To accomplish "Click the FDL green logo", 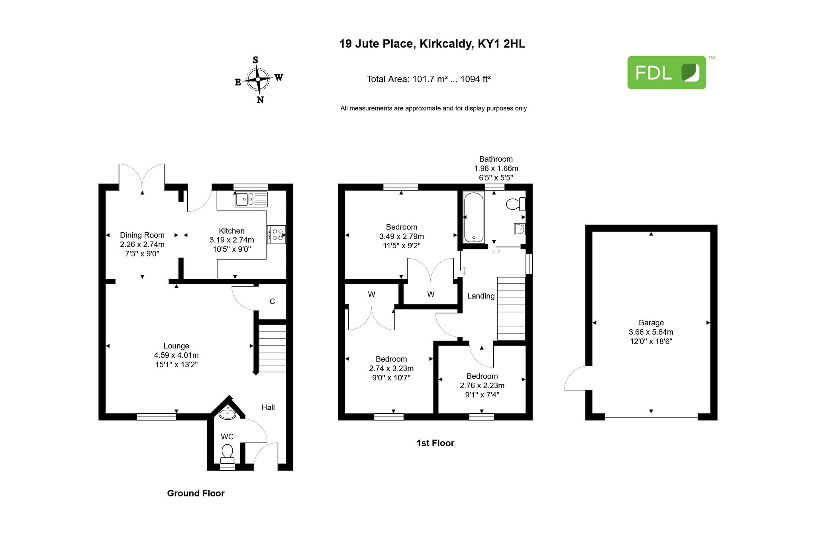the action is tap(667, 72).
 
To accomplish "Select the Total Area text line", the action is tap(428, 79).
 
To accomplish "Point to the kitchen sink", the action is tap(251, 199).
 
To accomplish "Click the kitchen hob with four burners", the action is tap(277, 234).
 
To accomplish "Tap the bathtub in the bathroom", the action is tap(474, 217).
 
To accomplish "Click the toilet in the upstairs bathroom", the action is tap(516, 204).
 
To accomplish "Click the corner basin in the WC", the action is tap(228, 413).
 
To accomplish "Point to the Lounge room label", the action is tap(176, 346).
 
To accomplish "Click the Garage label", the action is tap(651, 323).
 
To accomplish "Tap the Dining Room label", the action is tap(142, 235).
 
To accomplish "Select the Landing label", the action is tap(481, 296).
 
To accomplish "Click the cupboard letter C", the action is tap(273, 301).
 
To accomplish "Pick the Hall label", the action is tap(268, 407).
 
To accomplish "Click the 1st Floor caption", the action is tap(435, 443).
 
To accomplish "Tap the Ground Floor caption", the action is tap(196, 493).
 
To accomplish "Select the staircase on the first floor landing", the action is tap(511, 309).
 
